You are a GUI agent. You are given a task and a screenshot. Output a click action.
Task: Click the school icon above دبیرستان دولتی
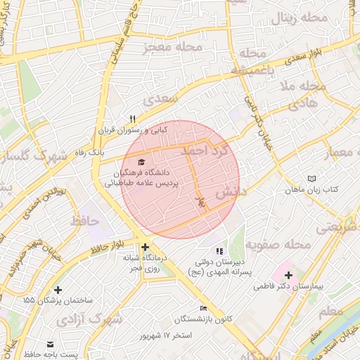219,251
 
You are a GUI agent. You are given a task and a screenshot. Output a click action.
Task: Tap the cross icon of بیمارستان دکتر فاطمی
288,274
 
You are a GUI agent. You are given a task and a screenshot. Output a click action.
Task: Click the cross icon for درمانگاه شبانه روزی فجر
145,247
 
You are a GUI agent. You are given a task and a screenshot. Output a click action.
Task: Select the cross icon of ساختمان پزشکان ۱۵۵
58,290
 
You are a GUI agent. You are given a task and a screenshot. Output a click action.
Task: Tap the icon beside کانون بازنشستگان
203,308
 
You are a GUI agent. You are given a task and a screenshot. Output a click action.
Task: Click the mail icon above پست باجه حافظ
50,344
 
